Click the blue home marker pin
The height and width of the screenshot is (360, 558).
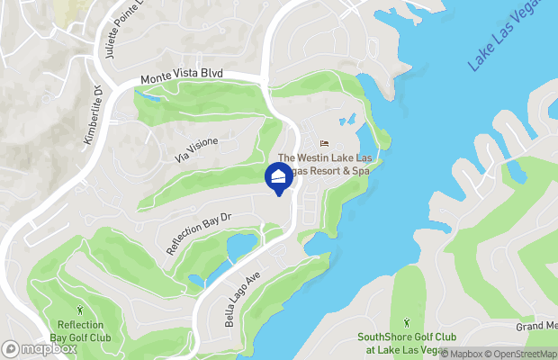(x=279, y=177)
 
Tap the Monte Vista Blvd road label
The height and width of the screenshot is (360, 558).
(x=181, y=78)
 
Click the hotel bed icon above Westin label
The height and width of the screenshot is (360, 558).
(x=324, y=144)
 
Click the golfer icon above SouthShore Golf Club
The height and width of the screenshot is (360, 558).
(x=407, y=321)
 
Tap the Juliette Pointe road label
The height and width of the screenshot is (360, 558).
(x=116, y=31)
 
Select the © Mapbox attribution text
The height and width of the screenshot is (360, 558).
(x=466, y=354)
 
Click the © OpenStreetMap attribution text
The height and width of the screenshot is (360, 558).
(x=526, y=354)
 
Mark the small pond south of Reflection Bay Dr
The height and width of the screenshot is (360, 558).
(x=242, y=245)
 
